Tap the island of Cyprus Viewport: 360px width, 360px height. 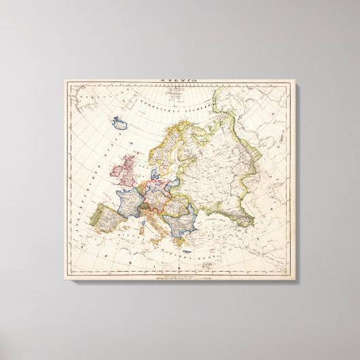[219, 249]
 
